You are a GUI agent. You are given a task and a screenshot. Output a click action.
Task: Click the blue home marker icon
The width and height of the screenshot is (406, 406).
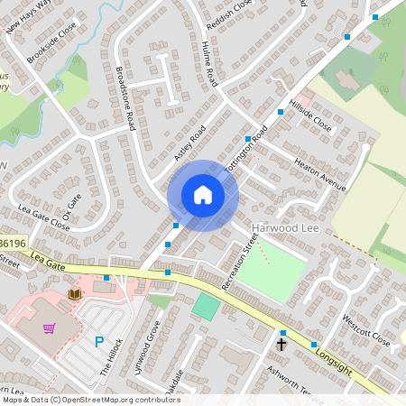202,195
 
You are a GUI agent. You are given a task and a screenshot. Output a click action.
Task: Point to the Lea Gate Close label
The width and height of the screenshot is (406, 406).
43,217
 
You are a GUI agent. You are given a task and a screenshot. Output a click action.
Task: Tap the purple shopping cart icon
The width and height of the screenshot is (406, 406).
50,328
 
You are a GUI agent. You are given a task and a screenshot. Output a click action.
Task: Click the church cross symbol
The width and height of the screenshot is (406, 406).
281,344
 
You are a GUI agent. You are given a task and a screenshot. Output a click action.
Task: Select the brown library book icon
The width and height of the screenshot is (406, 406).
75,293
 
